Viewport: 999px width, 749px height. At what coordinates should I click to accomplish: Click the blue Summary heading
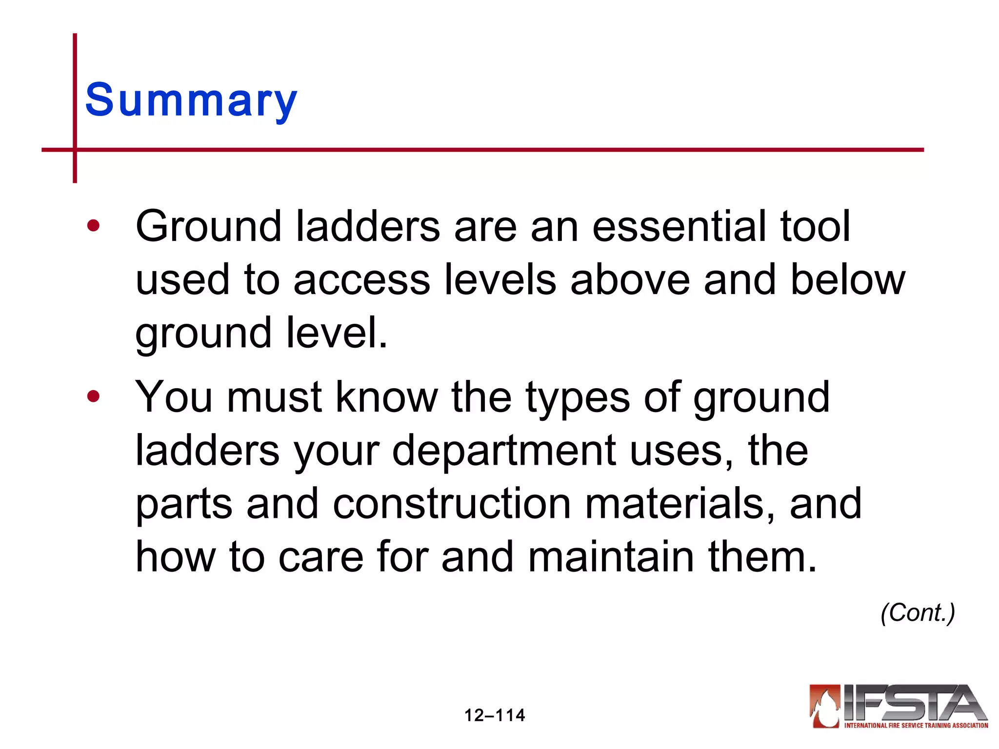(191, 100)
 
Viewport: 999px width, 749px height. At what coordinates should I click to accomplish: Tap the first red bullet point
(93, 226)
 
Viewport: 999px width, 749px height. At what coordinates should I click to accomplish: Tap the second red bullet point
(93, 396)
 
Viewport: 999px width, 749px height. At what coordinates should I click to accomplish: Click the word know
(386, 396)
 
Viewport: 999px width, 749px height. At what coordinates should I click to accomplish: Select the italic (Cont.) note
(918, 612)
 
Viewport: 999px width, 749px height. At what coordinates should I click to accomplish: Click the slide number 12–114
(494, 715)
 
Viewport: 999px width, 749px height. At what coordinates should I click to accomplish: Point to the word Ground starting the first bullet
(208, 227)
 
